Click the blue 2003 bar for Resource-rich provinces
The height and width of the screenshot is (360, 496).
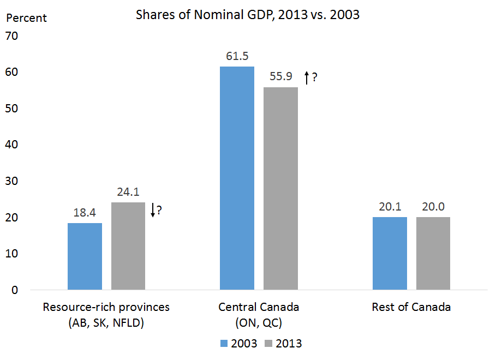coord(85,256)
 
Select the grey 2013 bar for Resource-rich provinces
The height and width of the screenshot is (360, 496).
coord(128,246)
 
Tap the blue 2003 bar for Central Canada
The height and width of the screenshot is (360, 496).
coord(237,178)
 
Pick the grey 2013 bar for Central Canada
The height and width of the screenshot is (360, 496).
coord(280,188)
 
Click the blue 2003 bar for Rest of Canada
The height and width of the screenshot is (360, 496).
coord(390,253)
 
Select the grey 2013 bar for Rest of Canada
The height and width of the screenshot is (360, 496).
coord(433,253)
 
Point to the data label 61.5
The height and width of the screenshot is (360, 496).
coord(237,57)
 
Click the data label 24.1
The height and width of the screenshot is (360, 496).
coord(128,193)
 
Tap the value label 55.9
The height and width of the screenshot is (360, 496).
coord(280,77)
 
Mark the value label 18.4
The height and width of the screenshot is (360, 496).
coord(85,213)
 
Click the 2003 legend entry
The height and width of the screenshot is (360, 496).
coord(239,344)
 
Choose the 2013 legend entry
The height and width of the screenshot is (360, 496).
coord(283,344)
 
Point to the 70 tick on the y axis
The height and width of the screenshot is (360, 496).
coord(11,37)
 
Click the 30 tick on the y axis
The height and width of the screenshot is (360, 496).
coord(11,182)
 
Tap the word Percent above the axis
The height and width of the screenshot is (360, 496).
coord(26,18)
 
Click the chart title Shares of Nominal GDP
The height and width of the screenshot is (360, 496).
coord(248,15)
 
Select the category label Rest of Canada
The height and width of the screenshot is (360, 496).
coord(411,307)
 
